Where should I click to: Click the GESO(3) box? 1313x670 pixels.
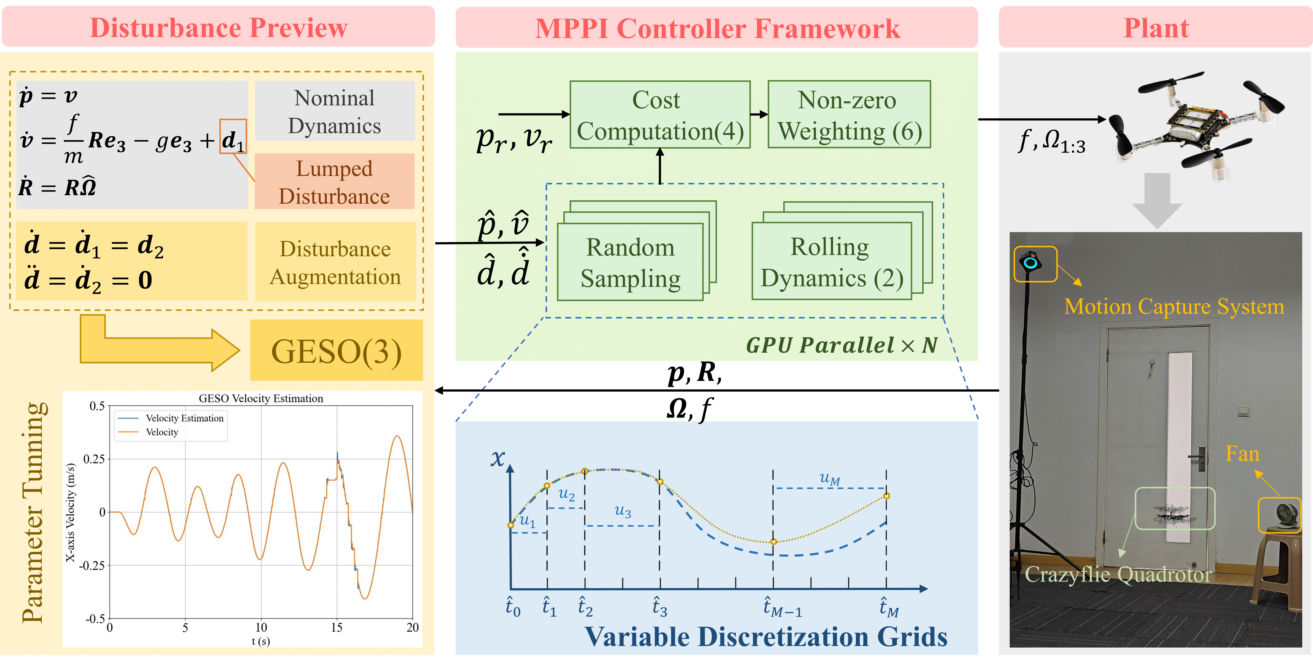point(336,350)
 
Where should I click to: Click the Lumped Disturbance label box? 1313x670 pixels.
point(334,182)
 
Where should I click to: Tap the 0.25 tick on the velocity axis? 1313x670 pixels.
point(94,459)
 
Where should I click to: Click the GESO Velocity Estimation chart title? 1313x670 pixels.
point(261,398)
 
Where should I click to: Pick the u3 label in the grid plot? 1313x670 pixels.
point(623,510)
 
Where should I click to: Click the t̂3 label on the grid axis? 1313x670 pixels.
point(660,607)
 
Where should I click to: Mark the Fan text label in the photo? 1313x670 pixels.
point(1242,453)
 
